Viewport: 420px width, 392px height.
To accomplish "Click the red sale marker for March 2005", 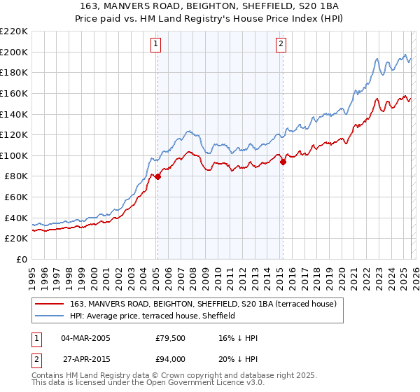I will tap(157, 176).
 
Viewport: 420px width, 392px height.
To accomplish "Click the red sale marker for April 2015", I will tap(283, 162).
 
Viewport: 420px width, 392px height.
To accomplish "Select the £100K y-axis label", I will tap(14, 155).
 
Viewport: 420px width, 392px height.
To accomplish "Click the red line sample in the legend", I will tap(51, 304).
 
